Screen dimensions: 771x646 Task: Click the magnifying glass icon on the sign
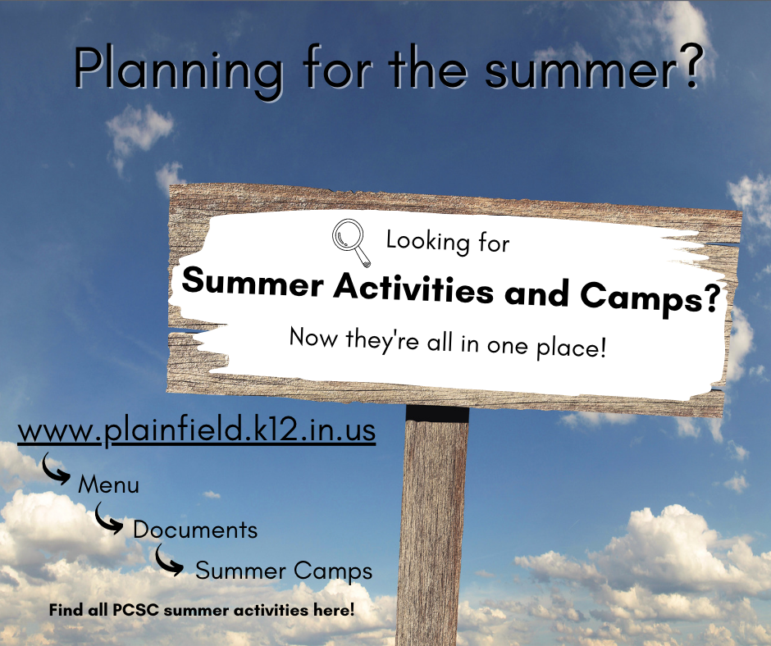tap(350, 243)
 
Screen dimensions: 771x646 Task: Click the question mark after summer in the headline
tap(689, 66)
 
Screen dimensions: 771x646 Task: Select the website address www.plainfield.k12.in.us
tap(197, 430)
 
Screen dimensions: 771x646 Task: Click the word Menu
tap(108, 484)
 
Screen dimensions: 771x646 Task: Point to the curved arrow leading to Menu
tap(55, 470)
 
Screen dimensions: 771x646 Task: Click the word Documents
tap(195, 530)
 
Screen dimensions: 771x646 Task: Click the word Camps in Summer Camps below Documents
tap(333, 571)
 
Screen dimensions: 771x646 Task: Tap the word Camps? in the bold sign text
tap(650, 298)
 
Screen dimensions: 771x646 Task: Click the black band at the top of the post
tap(437, 413)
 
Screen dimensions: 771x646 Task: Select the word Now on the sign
tap(313, 337)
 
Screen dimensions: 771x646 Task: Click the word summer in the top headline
tap(579, 72)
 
